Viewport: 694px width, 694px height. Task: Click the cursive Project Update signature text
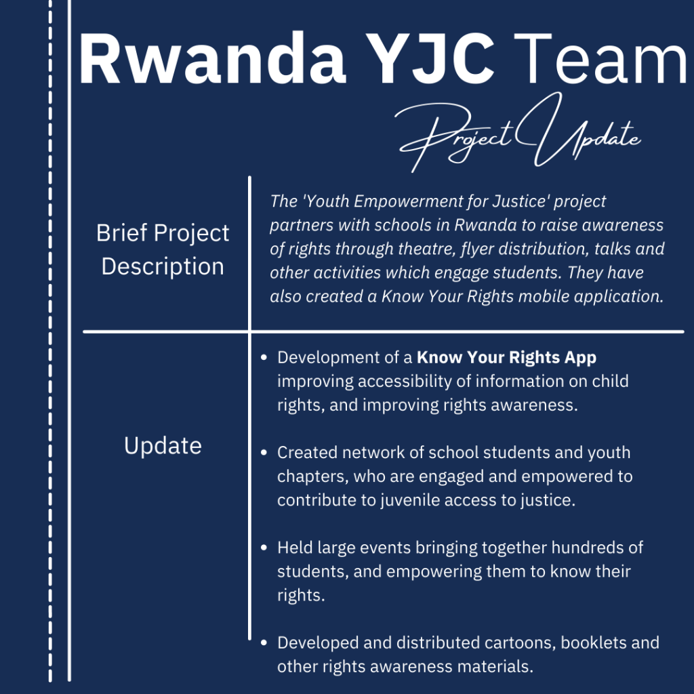pyautogui.click(x=518, y=132)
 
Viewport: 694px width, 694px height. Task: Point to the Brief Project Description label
pyautogui.click(x=163, y=249)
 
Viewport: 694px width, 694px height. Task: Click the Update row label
pyautogui.click(x=163, y=445)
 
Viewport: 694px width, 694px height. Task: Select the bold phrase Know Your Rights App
pyautogui.click(x=506, y=358)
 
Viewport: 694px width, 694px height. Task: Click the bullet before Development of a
pyautogui.click(x=264, y=357)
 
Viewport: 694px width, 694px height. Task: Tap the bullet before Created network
pyautogui.click(x=264, y=452)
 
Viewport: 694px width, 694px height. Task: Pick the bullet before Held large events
pyautogui.click(x=264, y=548)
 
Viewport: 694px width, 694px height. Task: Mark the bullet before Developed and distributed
pyautogui.click(x=264, y=642)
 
